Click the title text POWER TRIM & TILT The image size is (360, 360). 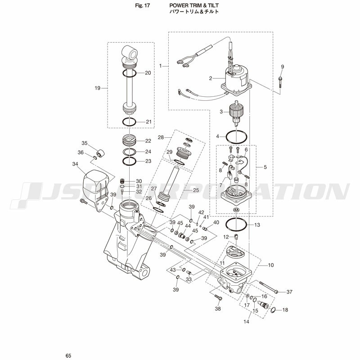click(194, 5)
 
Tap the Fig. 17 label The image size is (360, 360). click(142, 5)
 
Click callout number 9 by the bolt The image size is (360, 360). click(283, 67)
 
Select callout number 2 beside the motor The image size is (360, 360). click(211, 78)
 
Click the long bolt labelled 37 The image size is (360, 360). click(269, 287)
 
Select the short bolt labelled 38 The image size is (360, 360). click(218, 297)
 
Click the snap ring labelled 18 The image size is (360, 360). click(273, 310)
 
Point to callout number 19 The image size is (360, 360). click(98, 88)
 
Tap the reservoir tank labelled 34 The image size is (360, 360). click(96, 184)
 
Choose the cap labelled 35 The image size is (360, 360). click(100, 153)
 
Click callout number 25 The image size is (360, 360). click(196, 190)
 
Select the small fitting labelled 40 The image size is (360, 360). click(205, 229)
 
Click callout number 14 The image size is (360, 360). click(246, 322)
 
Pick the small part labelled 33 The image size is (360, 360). click(189, 273)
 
